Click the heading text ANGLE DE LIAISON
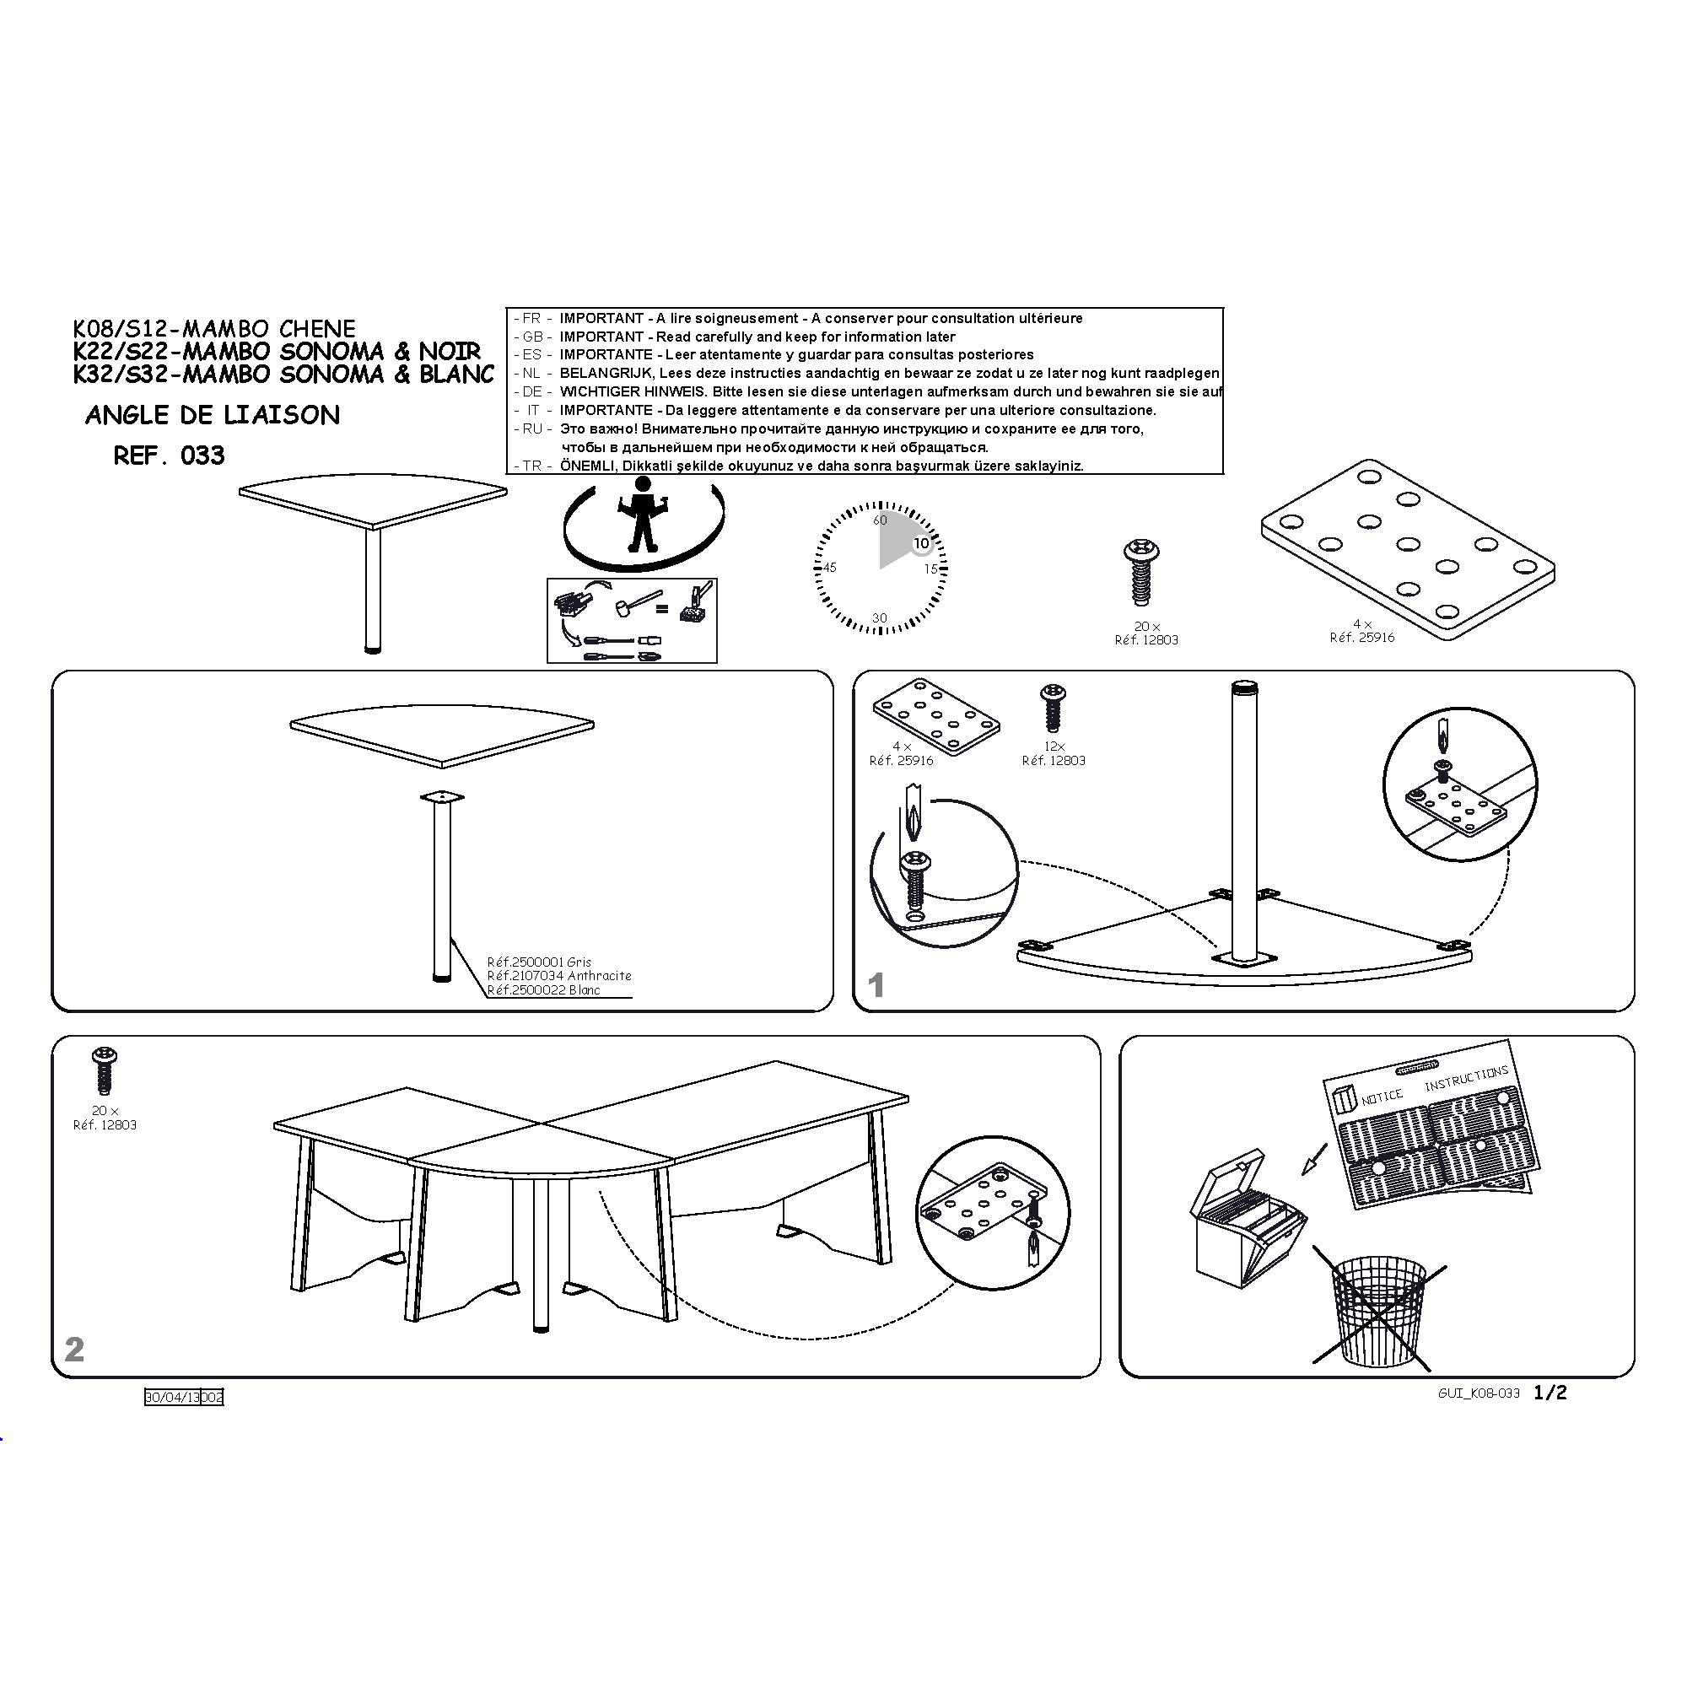tap(213, 415)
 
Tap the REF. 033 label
tap(170, 455)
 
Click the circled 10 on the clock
tap(921, 543)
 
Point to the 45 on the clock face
tap(829, 568)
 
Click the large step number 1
tap(876, 986)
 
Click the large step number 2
tap(74, 1349)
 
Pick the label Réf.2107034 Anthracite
tap(559, 975)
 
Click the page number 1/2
tap(1551, 1393)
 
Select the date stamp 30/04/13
tap(172, 1397)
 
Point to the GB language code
tap(532, 337)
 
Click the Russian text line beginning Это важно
tap(851, 428)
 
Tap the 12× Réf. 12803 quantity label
tap(1054, 753)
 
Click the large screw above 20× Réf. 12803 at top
tap(1140, 573)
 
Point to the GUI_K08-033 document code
tap(1479, 1393)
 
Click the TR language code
tap(532, 466)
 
